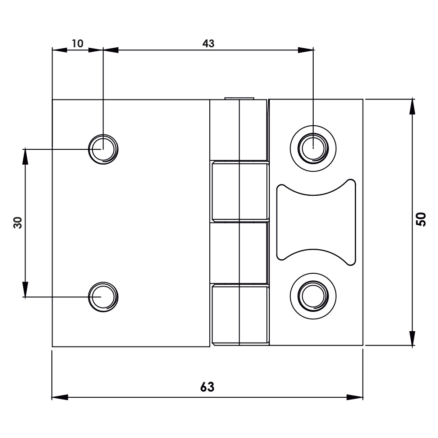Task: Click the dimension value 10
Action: point(78,43)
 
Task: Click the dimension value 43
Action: point(208,43)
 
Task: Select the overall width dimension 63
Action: point(208,387)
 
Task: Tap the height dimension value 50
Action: point(421,219)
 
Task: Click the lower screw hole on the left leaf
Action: point(103,297)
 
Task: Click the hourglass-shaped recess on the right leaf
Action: point(315,222)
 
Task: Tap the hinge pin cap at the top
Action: point(239,98)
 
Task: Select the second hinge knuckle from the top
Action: point(240,191)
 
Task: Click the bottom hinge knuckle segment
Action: point(240,314)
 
